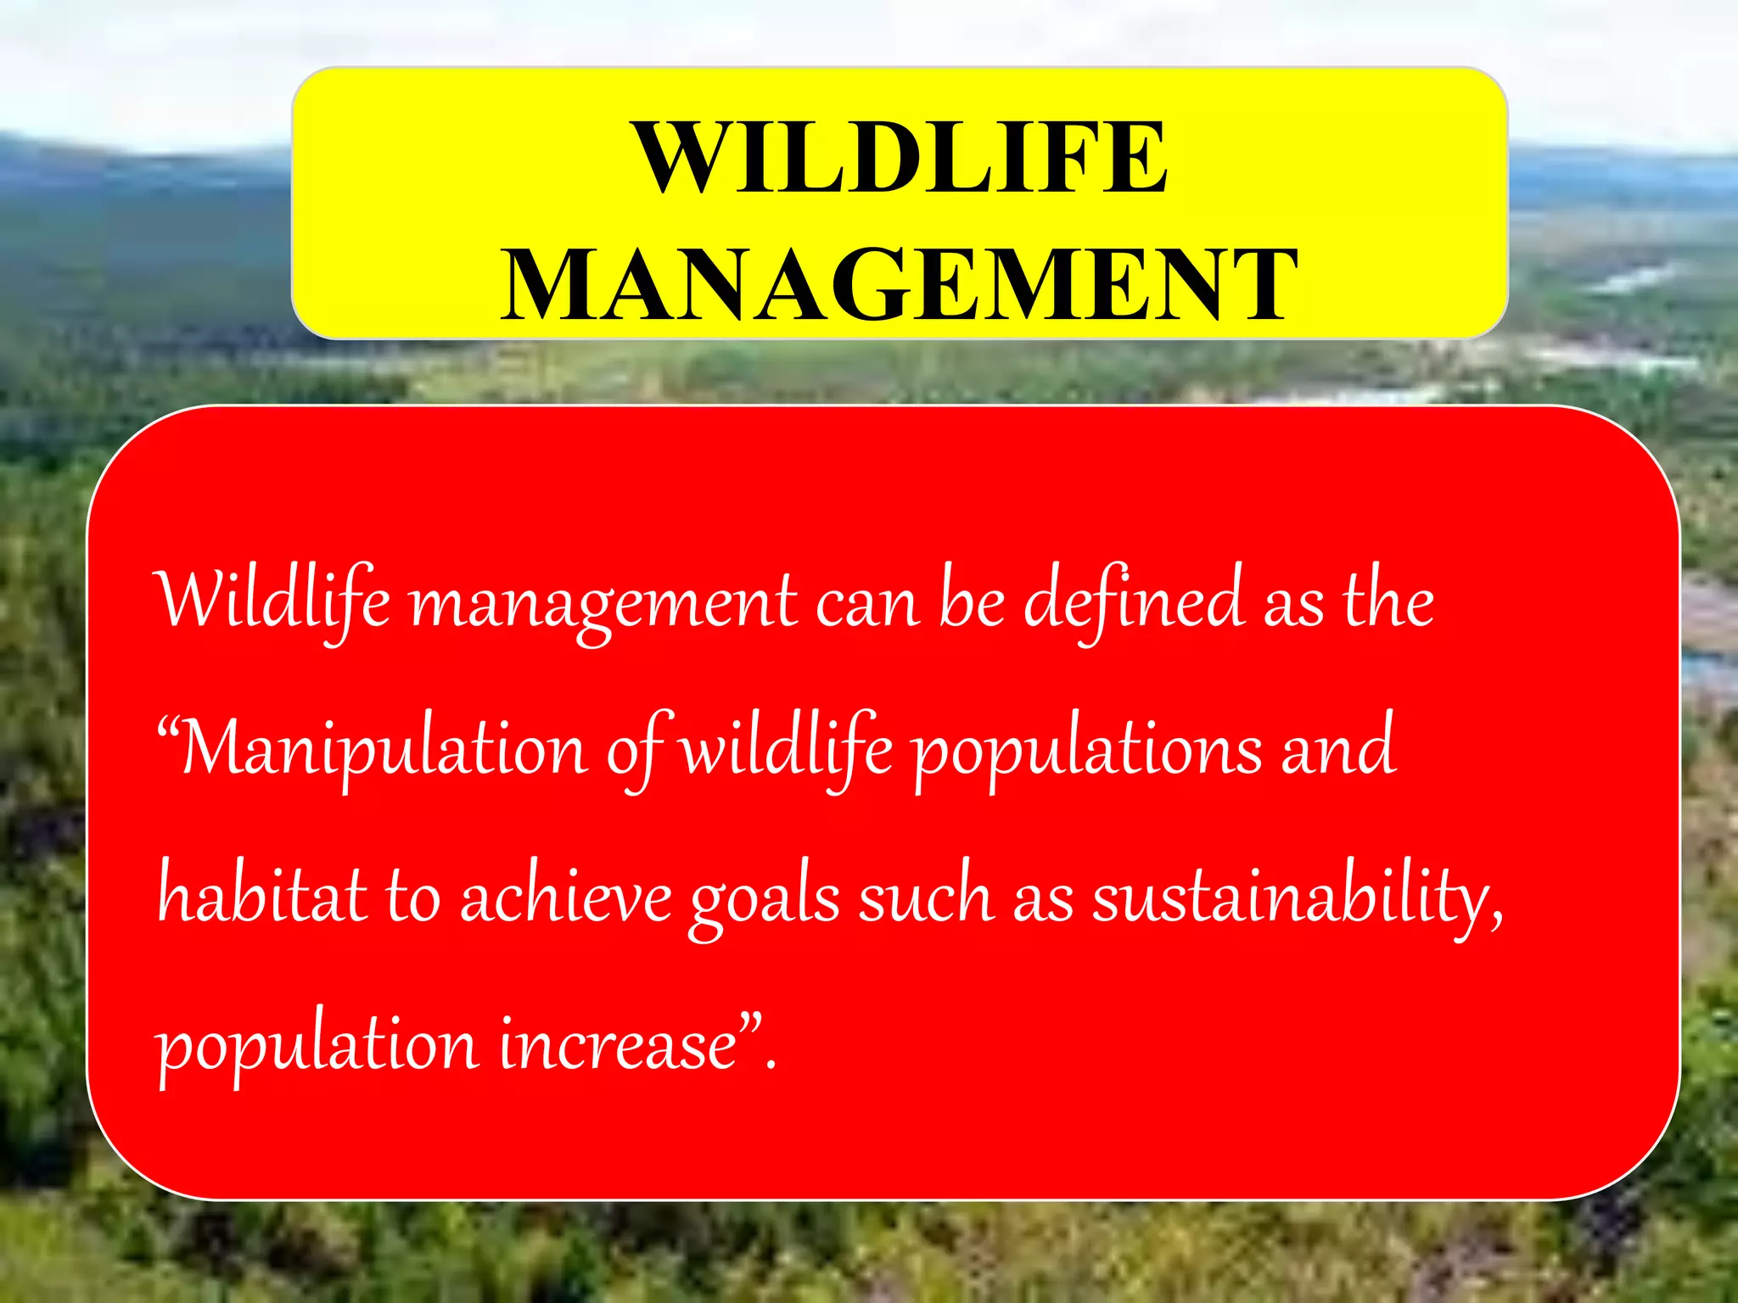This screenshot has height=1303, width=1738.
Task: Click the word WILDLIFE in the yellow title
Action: (x=901, y=159)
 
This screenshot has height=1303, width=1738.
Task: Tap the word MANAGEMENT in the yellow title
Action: (x=900, y=285)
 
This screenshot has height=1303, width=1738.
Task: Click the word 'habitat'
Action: (x=263, y=896)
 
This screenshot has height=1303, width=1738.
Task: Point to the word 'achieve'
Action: (x=566, y=896)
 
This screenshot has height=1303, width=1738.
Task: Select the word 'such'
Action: (x=925, y=896)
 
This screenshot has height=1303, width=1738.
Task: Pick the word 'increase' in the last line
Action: (x=617, y=1045)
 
